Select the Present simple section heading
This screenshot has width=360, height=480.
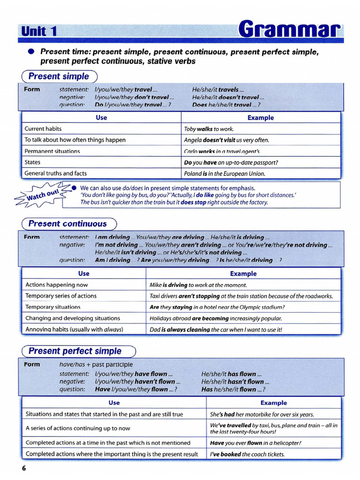59,76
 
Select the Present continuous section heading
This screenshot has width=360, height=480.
67,224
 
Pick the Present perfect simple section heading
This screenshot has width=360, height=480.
75,351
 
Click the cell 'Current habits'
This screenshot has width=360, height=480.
43,128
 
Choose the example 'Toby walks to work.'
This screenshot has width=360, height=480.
209,129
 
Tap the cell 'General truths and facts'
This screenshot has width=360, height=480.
56,173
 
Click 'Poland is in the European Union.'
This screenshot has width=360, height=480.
225,173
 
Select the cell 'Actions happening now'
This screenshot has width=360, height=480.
57,285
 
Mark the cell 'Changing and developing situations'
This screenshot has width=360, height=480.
73,318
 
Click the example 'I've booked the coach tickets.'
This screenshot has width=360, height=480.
247,454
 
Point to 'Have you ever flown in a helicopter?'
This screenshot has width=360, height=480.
255,442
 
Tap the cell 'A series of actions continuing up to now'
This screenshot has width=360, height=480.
78,428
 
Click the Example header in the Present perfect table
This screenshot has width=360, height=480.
274,403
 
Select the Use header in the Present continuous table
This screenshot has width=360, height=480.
84,273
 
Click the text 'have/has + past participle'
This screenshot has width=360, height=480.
96,364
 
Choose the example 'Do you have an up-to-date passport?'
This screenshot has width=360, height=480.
231,162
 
